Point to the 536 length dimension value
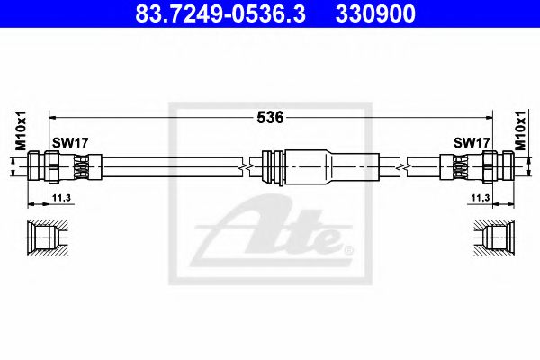[x=271, y=117]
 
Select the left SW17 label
[x=69, y=143]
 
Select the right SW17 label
[x=472, y=143]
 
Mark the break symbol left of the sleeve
[x=243, y=166]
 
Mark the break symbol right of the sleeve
[x=405, y=166]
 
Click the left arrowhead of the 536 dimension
[x=52, y=117]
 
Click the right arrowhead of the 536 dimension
[x=489, y=117]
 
